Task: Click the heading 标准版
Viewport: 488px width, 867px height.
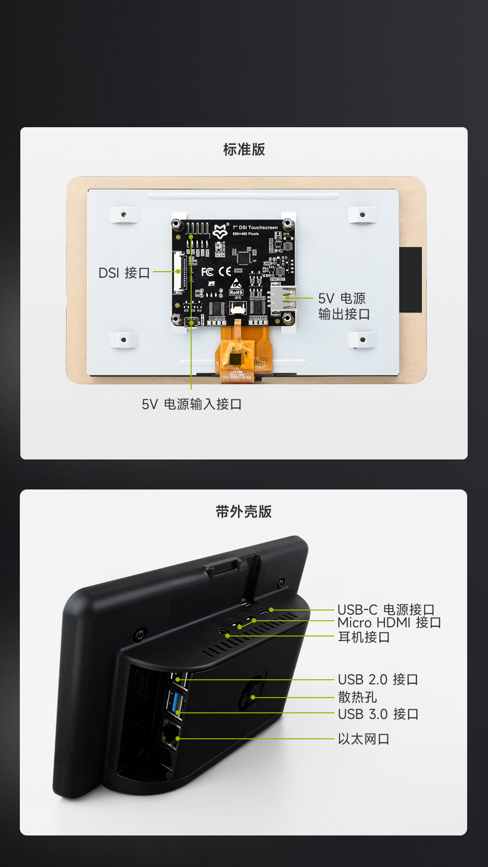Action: [x=244, y=150]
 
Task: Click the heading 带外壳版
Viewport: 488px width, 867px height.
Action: [x=243, y=512]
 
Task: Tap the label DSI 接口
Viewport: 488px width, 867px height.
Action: [x=124, y=273]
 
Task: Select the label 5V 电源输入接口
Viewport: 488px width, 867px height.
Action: [x=192, y=404]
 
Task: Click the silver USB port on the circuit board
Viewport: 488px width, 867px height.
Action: [x=283, y=299]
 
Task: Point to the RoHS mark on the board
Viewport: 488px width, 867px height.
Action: [x=236, y=292]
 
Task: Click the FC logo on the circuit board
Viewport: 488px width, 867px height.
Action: [x=207, y=272]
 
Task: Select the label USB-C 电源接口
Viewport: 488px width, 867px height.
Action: [x=386, y=610]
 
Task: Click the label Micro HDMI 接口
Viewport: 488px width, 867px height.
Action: [x=389, y=623]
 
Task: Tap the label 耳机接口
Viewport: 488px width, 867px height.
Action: [x=364, y=637]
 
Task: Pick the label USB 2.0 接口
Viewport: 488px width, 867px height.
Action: [x=378, y=680]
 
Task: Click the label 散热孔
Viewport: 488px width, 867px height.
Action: [x=357, y=697]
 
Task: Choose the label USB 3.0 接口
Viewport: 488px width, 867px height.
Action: [x=378, y=714]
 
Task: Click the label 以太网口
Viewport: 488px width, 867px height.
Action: [x=363, y=739]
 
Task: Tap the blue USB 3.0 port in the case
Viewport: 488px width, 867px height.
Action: [x=176, y=702]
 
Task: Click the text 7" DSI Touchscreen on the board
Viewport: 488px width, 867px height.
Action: [x=255, y=227]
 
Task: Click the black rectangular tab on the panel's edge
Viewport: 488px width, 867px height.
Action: [x=410, y=280]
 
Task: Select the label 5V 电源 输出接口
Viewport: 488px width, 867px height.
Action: [x=344, y=306]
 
